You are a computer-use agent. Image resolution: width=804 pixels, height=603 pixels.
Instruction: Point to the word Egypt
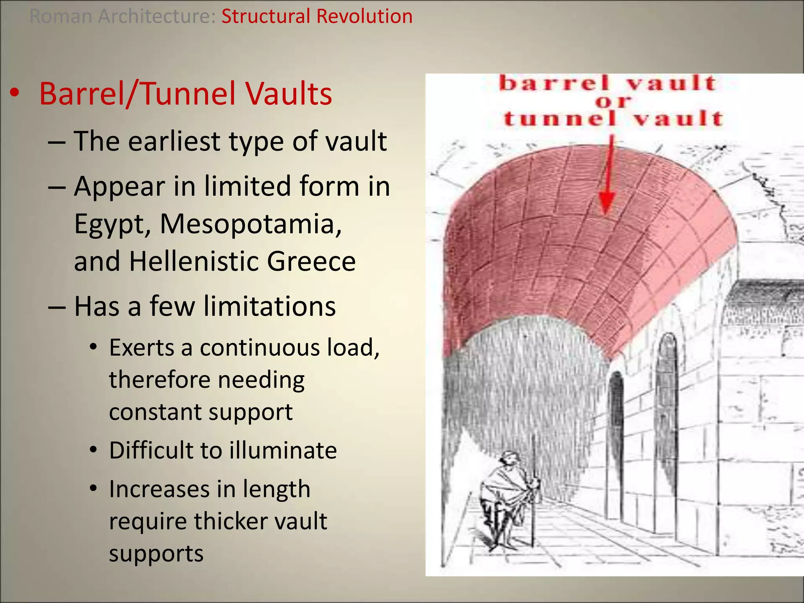pos(111,225)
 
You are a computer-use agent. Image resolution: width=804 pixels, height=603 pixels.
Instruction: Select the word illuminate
pos(283,450)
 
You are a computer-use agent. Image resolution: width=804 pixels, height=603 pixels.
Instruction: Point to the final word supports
pos(156,554)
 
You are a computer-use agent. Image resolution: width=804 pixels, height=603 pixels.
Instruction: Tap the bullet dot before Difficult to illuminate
pos(93,450)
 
